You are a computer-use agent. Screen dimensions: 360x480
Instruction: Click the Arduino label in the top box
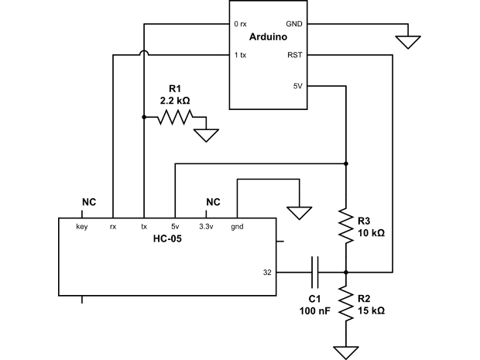[x=269, y=38]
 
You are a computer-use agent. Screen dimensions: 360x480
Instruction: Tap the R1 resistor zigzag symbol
[x=175, y=118]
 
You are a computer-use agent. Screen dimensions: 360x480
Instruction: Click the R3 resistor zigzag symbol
[x=346, y=225]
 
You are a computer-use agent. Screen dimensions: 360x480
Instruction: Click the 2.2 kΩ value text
[x=175, y=101]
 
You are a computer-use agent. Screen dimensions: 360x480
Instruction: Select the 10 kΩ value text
[x=369, y=232]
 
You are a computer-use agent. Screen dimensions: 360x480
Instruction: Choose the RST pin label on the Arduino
[x=295, y=55]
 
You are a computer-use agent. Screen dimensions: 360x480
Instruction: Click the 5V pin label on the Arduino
[x=297, y=86]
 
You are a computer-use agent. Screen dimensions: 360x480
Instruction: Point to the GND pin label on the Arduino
[x=294, y=24]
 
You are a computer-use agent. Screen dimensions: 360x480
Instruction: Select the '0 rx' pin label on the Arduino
[x=241, y=24]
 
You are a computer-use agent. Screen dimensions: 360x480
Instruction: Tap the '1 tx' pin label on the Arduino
[x=241, y=55]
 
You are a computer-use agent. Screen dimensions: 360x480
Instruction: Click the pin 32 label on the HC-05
[x=267, y=273]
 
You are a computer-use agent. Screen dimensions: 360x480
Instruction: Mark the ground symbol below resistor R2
[x=346, y=352]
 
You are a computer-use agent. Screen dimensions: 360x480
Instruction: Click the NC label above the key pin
[x=88, y=202]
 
